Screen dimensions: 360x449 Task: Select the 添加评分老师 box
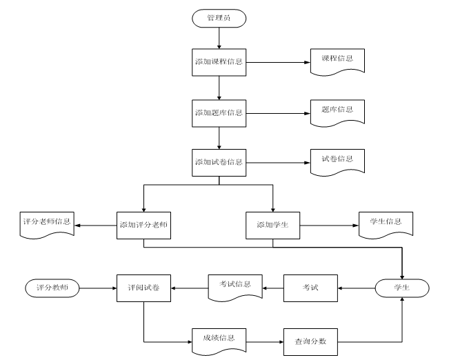coord(143,225)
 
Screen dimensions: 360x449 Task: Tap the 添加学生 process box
coord(273,225)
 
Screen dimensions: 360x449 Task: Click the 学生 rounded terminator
coord(401,287)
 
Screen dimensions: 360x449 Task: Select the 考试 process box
coord(311,287)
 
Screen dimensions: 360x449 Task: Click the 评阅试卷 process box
coord(143,287)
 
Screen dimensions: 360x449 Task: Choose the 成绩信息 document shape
coord(219,340)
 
